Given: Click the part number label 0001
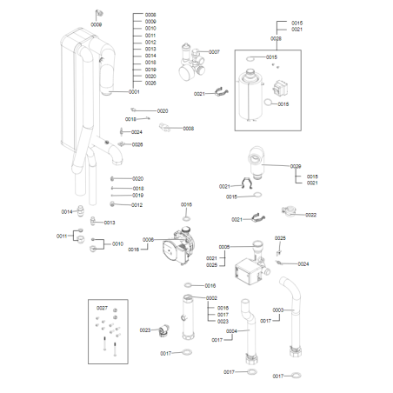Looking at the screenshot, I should [x=135, y=91].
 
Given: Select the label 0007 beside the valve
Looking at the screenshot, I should [x=214, y=52].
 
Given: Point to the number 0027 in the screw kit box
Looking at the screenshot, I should [x=102, y=308].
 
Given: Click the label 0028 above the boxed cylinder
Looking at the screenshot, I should [x=276, y=38].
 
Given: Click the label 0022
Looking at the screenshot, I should [x=310, y=215].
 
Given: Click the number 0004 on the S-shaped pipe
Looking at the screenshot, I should [x=231, y=331].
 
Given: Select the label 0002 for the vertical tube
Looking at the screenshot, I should [x=211, y=298].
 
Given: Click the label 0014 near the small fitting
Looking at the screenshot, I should [x=67, y=211].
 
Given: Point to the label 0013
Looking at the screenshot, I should [x=110, y=222].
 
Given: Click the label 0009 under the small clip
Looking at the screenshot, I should [x=96, y=25].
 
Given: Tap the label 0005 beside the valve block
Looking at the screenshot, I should [x=223, y=247].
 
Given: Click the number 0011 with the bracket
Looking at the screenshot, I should [x=62, y=236].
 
